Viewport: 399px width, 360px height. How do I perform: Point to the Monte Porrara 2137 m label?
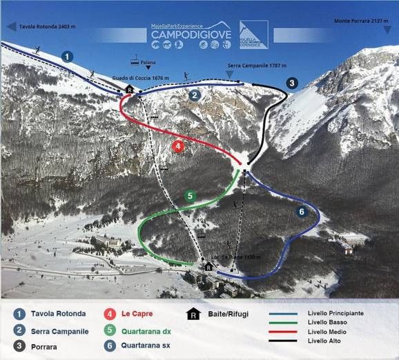(x=360, y=21)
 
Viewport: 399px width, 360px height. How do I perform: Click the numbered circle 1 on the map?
(x=67, y=56)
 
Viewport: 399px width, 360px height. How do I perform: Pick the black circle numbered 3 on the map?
(x=291, y=83)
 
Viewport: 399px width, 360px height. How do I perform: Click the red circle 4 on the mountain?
(x=178, y=146)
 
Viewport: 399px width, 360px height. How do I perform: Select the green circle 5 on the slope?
(x=190, y=196)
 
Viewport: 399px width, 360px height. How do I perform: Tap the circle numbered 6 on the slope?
(x=301, y=212)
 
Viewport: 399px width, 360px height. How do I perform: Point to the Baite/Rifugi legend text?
(x=226, y=314)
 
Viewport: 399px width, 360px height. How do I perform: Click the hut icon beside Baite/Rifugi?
(x=193, y=314)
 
